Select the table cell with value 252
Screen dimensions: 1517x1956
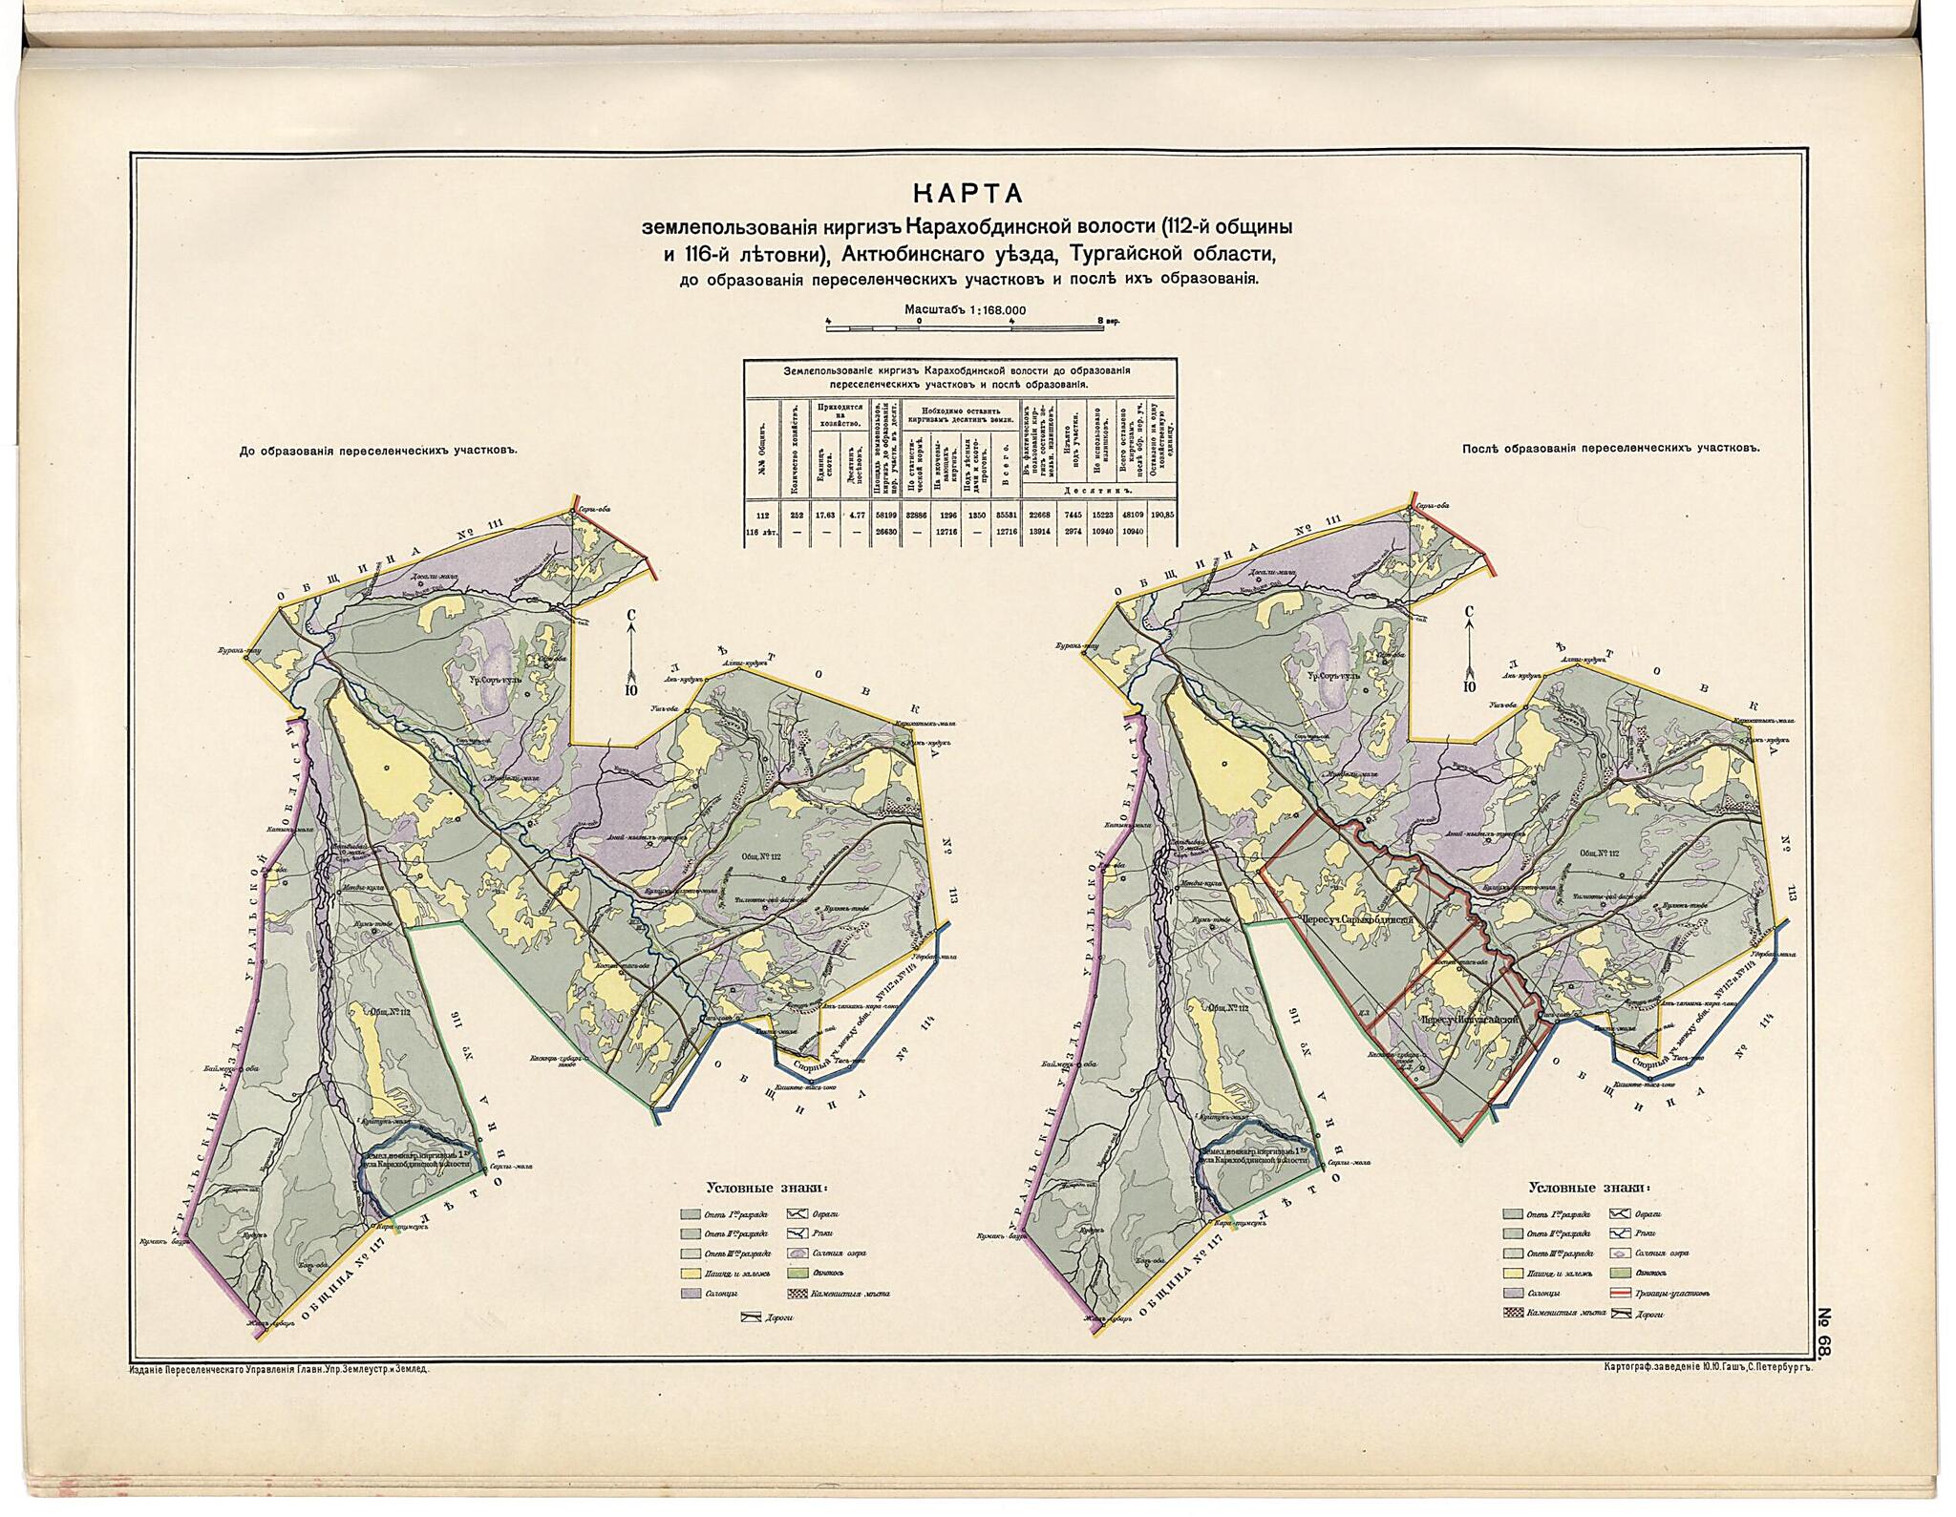tap(796, 515)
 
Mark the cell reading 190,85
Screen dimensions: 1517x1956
tap(1162, 515)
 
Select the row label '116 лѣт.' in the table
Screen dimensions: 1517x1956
tap(762, 531)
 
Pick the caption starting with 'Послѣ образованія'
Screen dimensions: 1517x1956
tap(1609, 447)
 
